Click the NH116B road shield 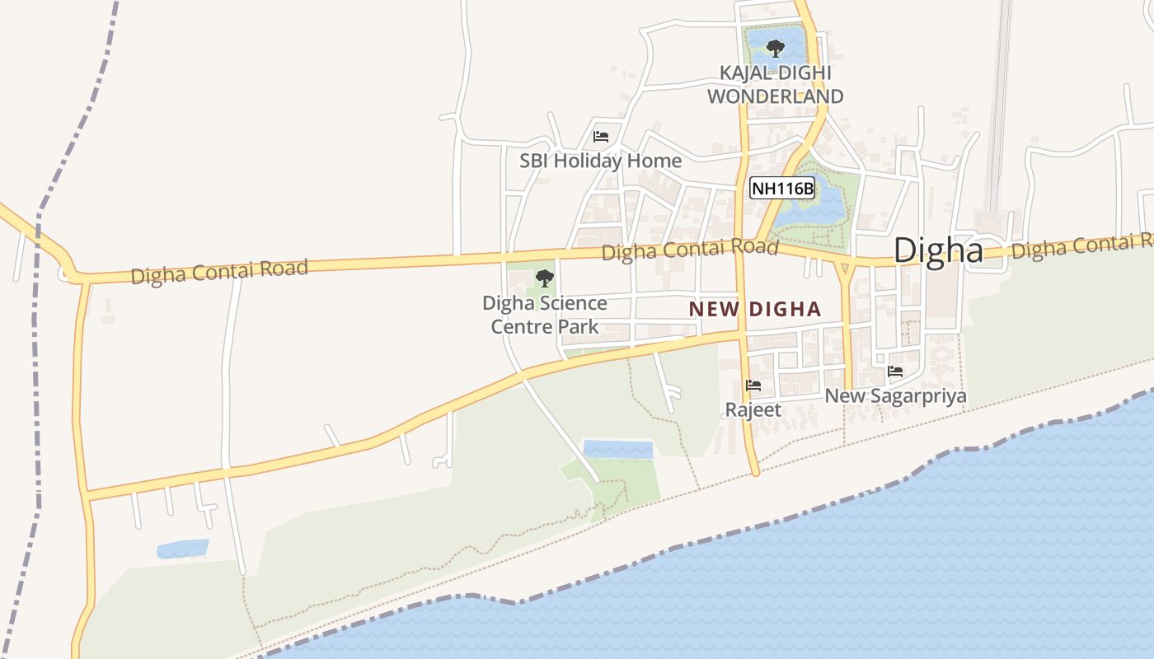click(782, 189)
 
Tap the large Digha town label click(939, 250)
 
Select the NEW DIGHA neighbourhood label click(755, 309)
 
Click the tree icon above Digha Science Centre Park click(545, 278)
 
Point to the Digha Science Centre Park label click(545, 315)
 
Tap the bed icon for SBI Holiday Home click(601, 137)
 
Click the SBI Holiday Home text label click(600, 161)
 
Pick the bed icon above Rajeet click(753, 386)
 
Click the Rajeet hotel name click(753, 409)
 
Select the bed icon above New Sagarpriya click(896, 372)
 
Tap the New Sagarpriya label click(896, 396)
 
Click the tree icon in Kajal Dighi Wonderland click(775, 48)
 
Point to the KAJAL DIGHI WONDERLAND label click(775, 85)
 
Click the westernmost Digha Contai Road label click(220, 271)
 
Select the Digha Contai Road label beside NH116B click(689, 249)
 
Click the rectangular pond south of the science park click(618, 449)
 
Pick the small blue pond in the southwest click(182, 549)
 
